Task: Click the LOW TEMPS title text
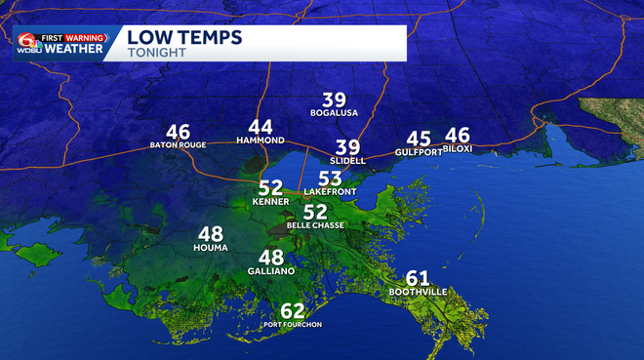pos(185,37)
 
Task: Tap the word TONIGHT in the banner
pos(156,53)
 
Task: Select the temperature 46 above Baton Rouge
pos(178,133)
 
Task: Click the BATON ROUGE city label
pos(178,145)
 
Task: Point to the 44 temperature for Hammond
pos(261,128)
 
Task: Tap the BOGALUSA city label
pos(335,113)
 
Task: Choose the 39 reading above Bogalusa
pos(335,100)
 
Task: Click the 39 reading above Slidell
pos(348,146)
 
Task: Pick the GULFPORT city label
pos(419,153)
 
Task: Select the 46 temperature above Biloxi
pos(458,136)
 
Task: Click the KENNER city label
pos(270,201)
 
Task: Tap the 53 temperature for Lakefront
pos(331,179)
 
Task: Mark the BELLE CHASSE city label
pos(315,224)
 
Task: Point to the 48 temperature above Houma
pos(211,234)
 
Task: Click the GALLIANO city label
pos(270,270)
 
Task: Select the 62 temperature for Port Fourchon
pos(293,311)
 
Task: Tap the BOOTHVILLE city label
pos(417,292)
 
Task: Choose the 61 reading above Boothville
pos(417,278)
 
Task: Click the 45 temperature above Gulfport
pos(419,140)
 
